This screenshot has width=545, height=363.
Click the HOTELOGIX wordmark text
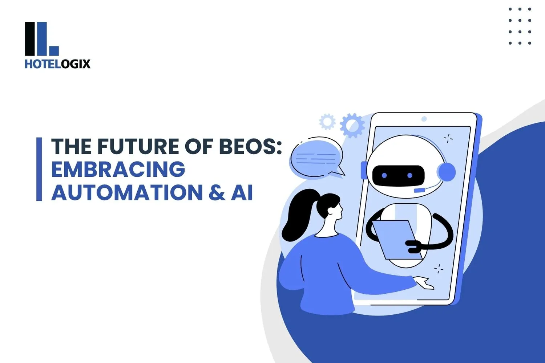[x=57, y=64]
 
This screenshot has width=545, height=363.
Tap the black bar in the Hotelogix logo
[x=30, y=39]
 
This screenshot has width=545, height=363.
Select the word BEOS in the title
[x=247, y=146]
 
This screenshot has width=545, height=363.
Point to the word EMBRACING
[x=118, y=169]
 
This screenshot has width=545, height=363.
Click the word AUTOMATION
[x=127, y=192]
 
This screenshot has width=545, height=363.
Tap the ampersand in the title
[x=217, y=192]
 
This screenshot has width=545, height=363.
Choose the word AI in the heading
[x=242, y=192]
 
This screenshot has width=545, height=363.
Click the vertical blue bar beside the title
[x=39, y=169]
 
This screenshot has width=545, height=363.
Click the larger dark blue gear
[x=352, y=125]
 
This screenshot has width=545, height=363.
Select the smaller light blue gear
[x=327, y=122]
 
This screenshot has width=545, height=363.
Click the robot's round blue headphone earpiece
[x=446, y=172]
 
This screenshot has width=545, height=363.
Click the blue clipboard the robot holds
[x=397, y=240]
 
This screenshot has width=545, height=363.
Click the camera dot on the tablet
[x=424, y=119]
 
